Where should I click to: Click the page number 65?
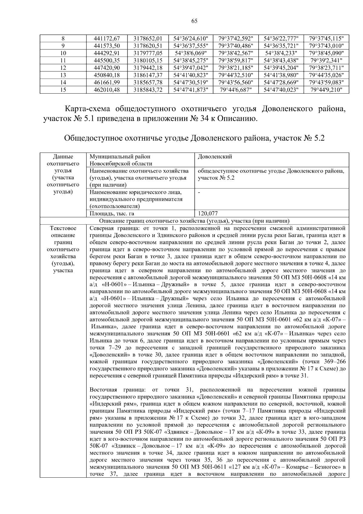(x=194, y=21)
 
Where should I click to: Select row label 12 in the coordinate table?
(x=63, y=68)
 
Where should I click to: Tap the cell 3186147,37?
(x=148, y=75)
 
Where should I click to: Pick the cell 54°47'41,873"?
(x=191, y=89)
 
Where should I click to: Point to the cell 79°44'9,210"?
(x=326, y=89)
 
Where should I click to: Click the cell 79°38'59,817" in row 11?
(x=236, y=60)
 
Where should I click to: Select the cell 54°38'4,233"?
(x=281, y=53)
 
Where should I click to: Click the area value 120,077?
(x=208, y=214)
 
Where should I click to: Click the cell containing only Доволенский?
(x=215, y=157)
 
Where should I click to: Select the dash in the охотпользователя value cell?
(x=199, y=192)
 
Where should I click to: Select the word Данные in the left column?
(x=63, y=157)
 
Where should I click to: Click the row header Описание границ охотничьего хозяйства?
(x=194, y=221)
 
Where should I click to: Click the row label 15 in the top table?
(x=63, y=89)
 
